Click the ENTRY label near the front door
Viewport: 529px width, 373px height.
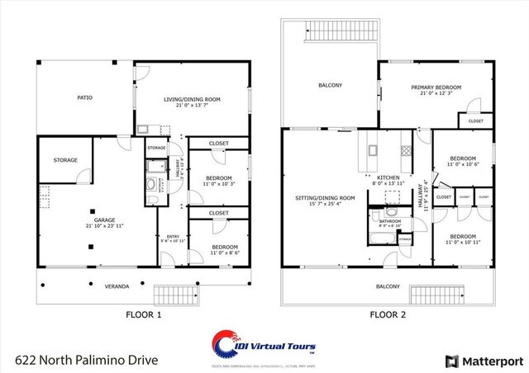click(x=172, y=237)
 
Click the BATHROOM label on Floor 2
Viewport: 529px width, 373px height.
click(x=390, y=221)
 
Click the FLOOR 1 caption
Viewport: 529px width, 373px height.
click(x=143, y=314)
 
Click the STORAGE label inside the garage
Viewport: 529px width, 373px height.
click(x=65, y=160)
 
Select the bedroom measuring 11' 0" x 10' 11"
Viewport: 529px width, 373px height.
click(x=462, y=239)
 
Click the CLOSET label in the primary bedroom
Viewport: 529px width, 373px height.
click(x=476, y=121)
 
